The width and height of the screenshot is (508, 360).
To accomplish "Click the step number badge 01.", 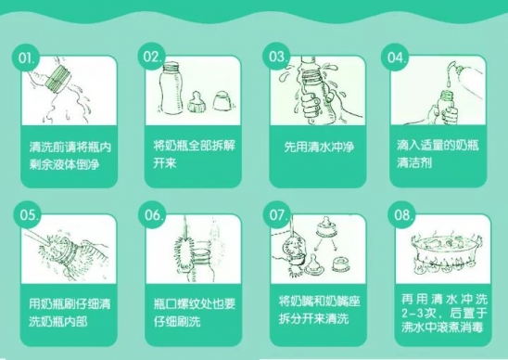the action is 26,58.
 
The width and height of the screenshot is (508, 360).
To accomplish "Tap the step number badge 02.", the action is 151,57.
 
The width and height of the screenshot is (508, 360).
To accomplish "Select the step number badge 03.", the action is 276,56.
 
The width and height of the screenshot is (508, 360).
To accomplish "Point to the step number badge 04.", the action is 395,57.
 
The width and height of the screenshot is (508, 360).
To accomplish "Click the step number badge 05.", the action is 27,214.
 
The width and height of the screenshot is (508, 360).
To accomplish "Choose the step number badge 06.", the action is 152,214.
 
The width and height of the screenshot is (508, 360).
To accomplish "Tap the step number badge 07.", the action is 276,214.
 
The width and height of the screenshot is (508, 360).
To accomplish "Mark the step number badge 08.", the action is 401,214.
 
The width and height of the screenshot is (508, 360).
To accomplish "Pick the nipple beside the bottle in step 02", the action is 197,102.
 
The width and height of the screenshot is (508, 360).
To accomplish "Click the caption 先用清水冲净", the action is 319,147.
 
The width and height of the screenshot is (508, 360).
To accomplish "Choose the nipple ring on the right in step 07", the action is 341,264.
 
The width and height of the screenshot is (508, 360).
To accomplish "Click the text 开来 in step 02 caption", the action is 165,162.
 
